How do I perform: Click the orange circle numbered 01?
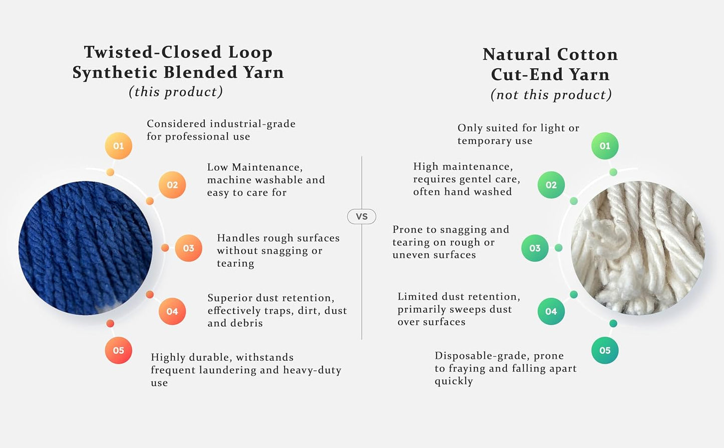tap(118, 146)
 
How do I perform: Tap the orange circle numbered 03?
tap(188, 248)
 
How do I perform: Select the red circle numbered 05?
tap(118, 350)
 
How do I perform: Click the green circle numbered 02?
tap(551, 185)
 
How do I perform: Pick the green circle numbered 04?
tap(551, 311)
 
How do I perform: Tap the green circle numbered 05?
tap(605, 350)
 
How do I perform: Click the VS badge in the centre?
tap(362, 216)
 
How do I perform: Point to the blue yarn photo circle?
tap(85, 248)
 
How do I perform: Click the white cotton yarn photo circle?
tap(638, 248)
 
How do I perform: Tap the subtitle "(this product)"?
tap(176, 92)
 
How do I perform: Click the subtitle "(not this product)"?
tap(551, 95)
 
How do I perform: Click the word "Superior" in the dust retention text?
tap(229, 298)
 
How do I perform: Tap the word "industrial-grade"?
tap(253, 124)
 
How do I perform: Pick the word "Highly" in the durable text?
tap(168, 357)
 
